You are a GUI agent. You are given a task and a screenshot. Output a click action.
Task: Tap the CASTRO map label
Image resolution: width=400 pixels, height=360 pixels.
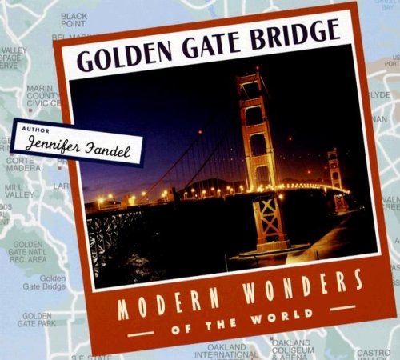coord(373,352)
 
